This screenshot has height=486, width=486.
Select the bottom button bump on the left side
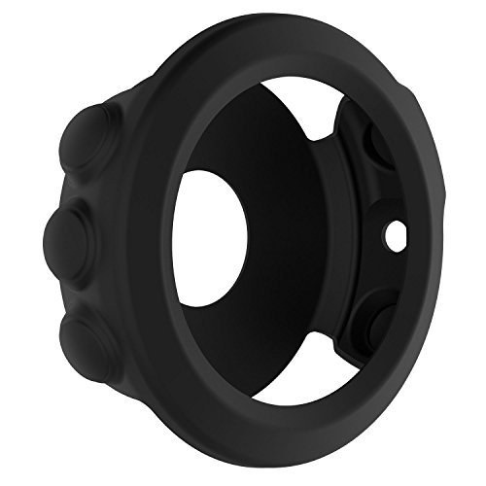[90, 336]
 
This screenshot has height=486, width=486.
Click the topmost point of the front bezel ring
[282, 21]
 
